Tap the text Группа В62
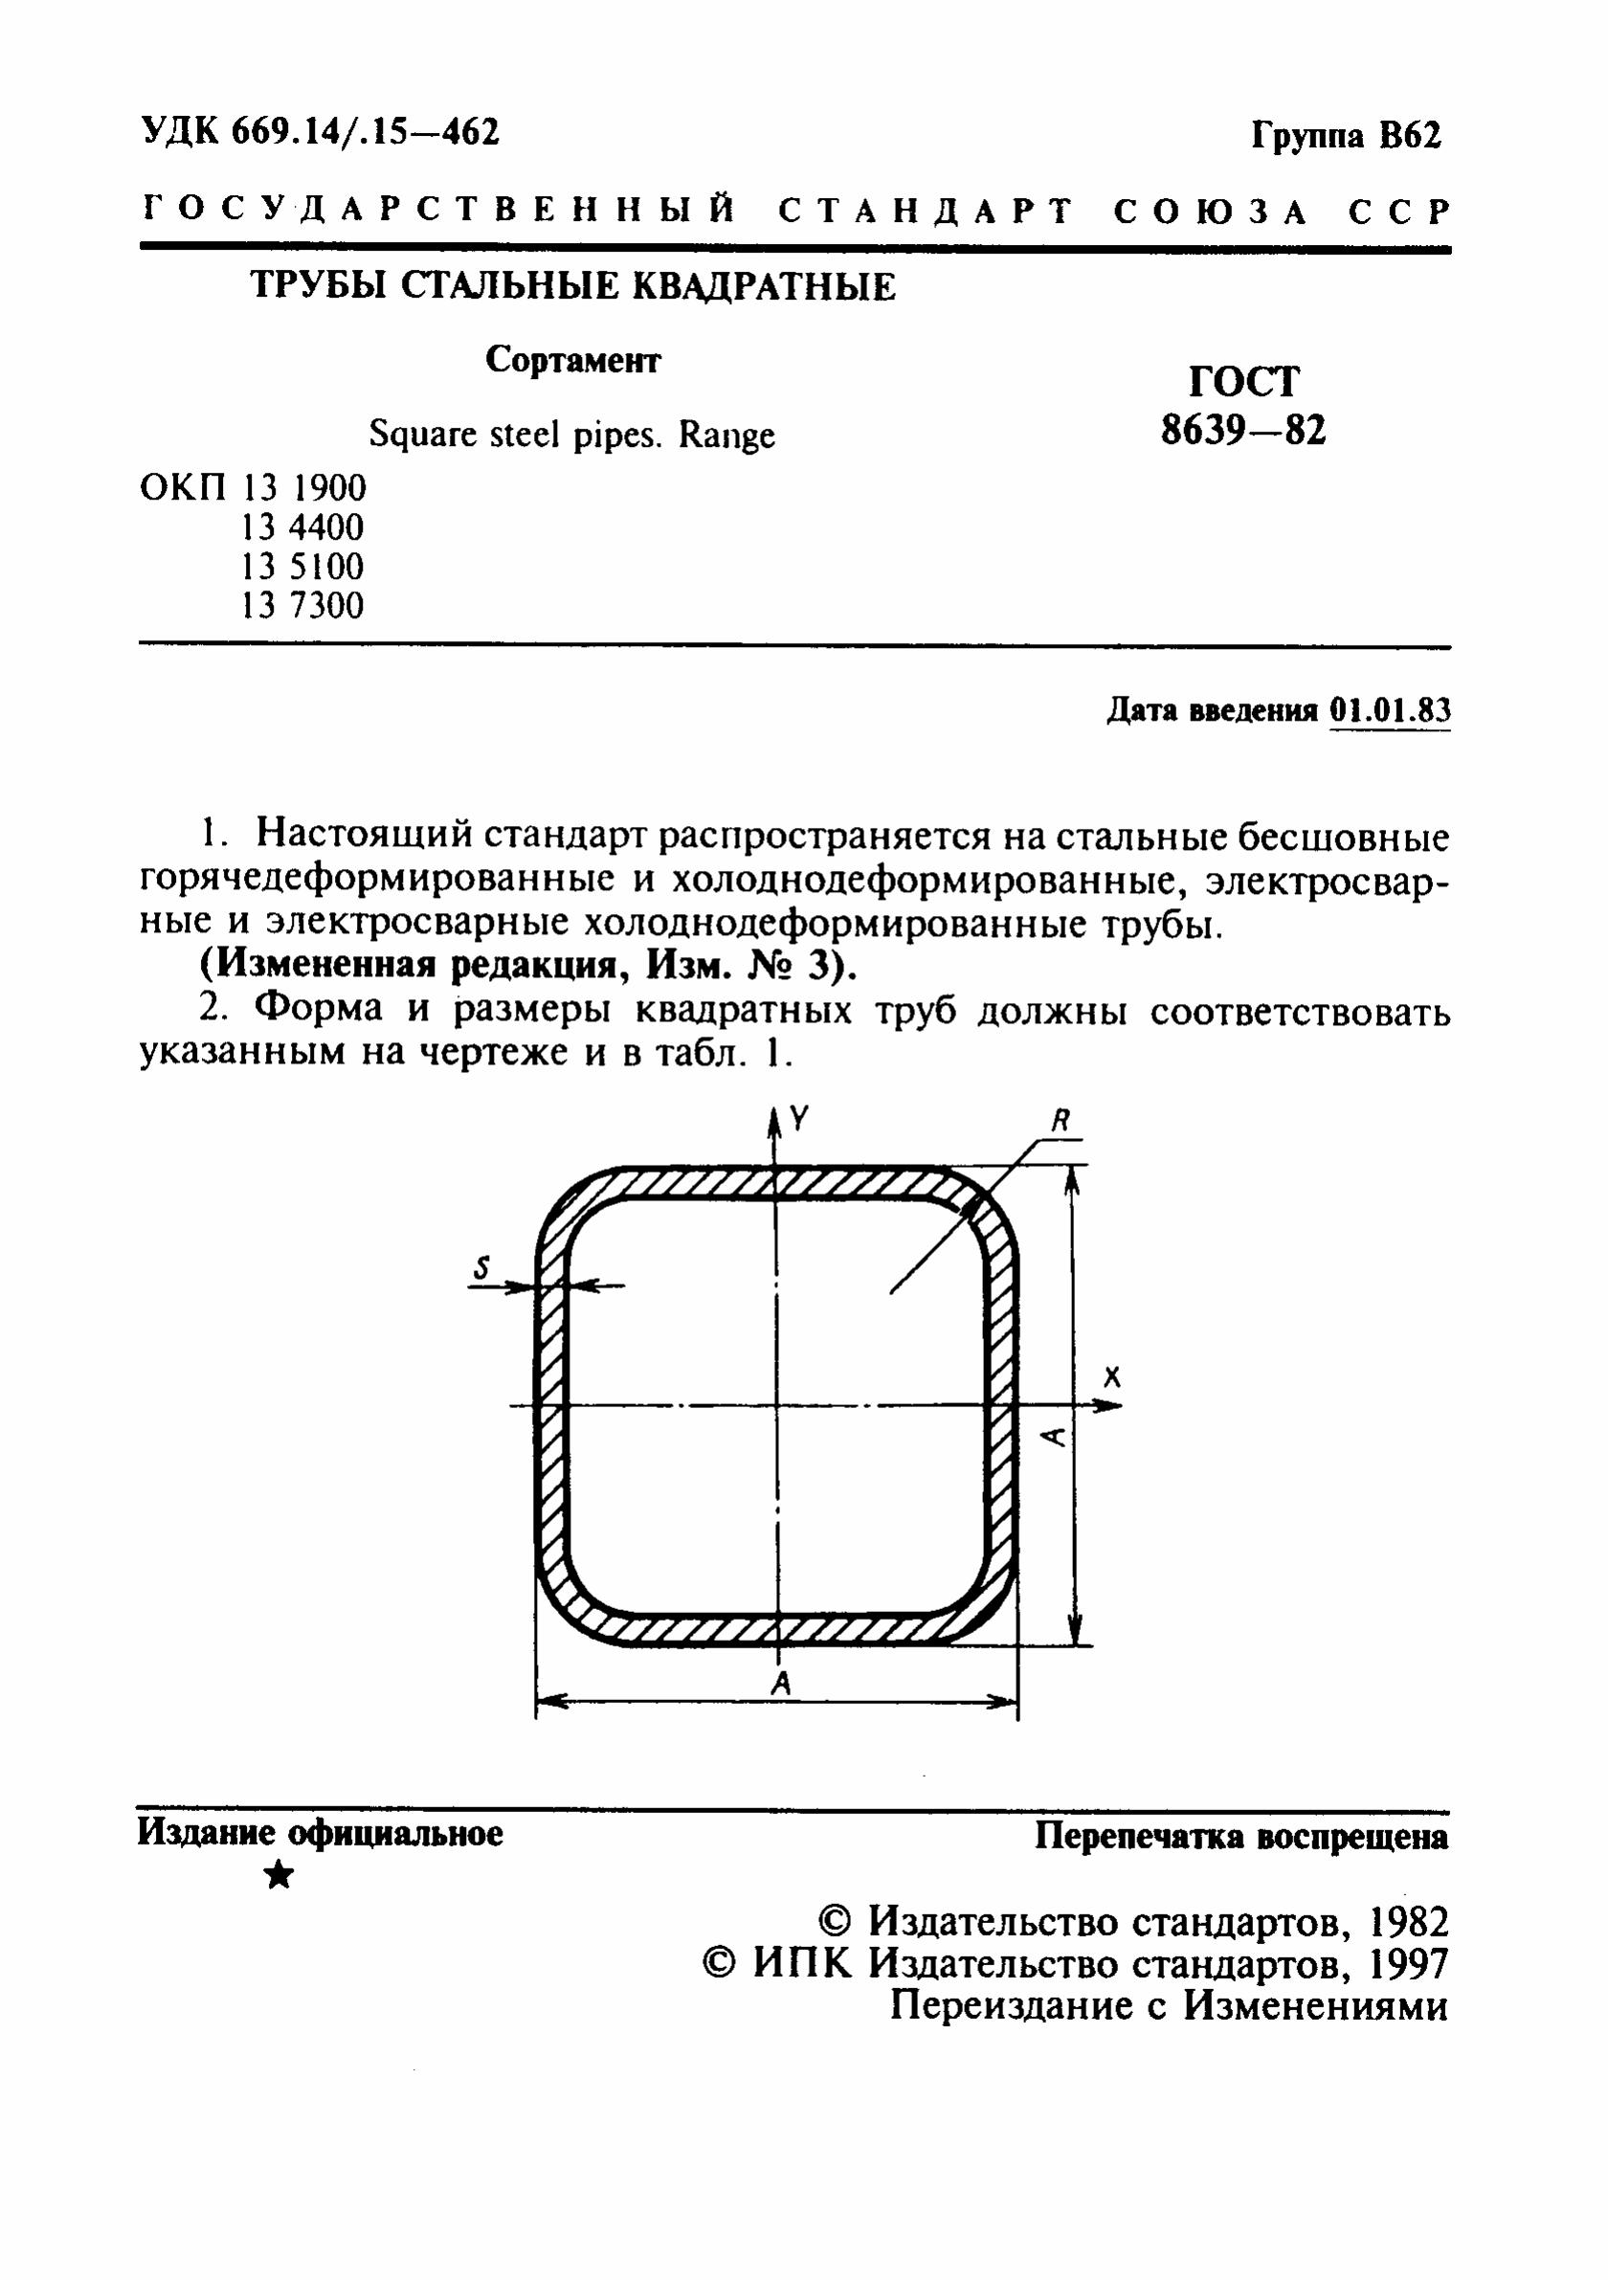coord(1345,134)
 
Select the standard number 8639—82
coord(1243,431)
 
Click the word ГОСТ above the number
coord(1243,381)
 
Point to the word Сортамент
coord(573,360)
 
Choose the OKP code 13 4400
coord(302,526)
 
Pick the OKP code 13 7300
coord(302,605)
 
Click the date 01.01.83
coord(1390,710)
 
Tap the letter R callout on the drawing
coord(1060,1121)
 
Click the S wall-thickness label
coord(482,1267)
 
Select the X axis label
coord(1111,1376)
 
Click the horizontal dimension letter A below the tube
coord(783,1682)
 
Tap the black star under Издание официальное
coord(280,1875)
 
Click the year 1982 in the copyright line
coord(1407,1923)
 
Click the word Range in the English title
coord(726,436)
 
